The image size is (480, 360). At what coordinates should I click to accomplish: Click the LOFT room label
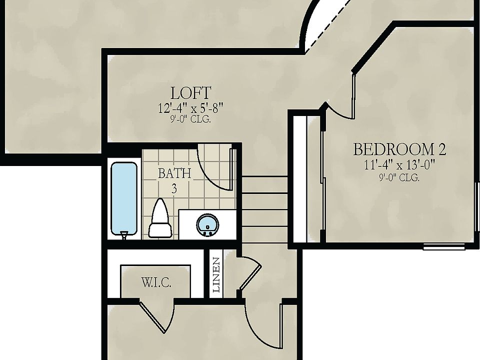(190, 93)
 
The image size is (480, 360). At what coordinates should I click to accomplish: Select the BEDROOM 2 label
(399, 149)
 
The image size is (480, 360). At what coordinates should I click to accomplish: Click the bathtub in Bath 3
(123, 198)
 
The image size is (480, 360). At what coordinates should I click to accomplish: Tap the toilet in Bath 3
(160, 219)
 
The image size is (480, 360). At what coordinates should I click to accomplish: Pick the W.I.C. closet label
(156, 283)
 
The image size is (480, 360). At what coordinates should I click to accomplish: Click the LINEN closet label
(216, 275)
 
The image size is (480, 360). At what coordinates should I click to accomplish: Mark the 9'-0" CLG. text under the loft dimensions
(190, 119)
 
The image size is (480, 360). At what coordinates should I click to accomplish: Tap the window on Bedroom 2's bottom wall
(444, 246)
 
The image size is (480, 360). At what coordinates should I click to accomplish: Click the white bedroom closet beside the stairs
(303, 177)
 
